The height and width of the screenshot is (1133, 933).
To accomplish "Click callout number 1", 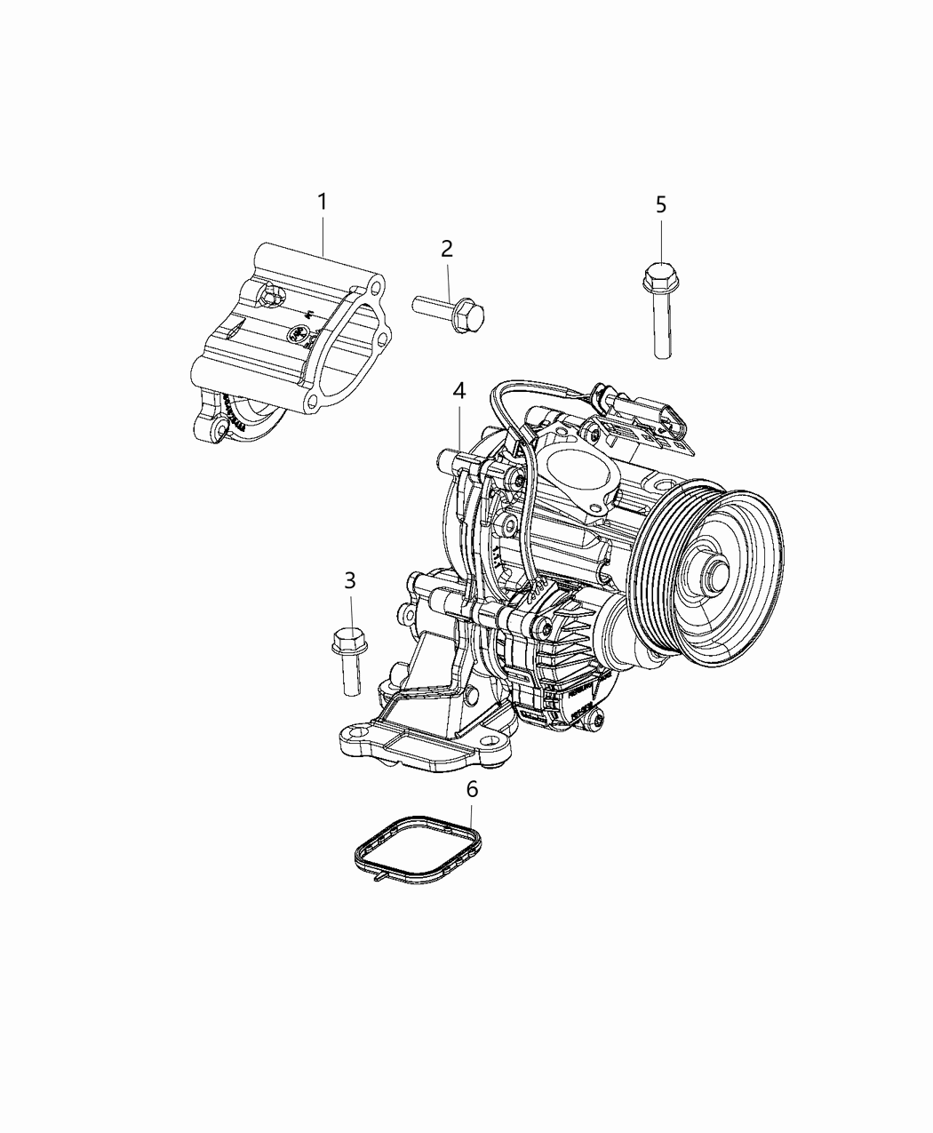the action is [x=323, y=203].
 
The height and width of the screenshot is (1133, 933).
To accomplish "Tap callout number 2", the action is [x=447, y=249].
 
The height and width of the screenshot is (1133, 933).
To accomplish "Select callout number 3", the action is [x=350, y=580].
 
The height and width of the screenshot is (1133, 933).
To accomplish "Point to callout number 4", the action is [x=459, y=391].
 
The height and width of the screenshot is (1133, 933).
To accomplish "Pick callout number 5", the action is [x=660, y=205].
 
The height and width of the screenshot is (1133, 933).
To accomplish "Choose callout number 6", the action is [x=472, y=790].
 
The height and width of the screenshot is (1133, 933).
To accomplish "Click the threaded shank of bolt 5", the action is [x=663, y=324].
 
